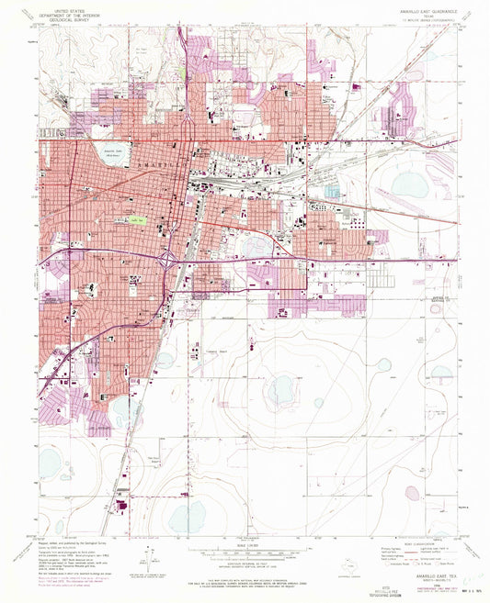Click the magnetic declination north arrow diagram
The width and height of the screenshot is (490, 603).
click(148, 557)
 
